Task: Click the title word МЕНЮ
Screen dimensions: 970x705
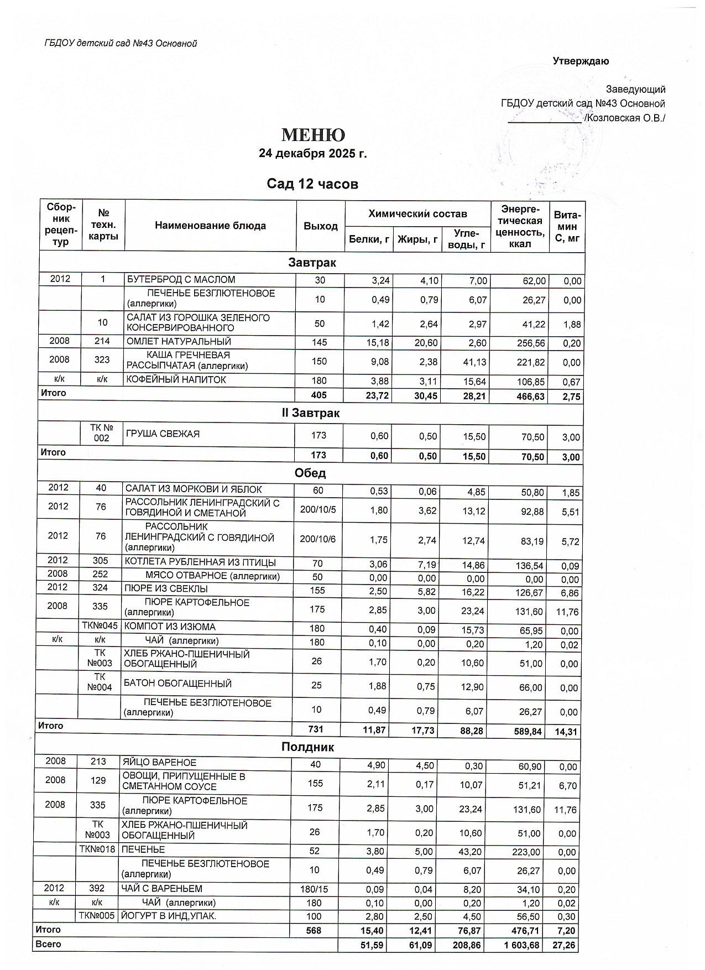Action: [x=313, y=135]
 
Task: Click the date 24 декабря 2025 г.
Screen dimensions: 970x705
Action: [x=313, y=154]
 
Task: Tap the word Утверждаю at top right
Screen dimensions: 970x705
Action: [x=581, y=61]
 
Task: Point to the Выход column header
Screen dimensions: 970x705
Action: [x=321, y=226]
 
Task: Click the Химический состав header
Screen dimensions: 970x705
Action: [x=417, y=213]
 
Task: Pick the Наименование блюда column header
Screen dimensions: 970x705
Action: [x=210, y=226]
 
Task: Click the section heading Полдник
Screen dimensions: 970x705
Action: [x=308, y=747]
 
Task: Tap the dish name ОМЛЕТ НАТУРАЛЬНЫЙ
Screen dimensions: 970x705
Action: [x=179, y=342]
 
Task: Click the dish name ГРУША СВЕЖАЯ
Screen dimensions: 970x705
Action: [x=163, y=434]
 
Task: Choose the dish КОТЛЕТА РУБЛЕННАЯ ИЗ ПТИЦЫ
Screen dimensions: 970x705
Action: [x=200, y=563]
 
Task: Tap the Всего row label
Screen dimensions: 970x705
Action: [x=48, y=944]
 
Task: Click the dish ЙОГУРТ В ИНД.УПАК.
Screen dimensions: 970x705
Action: [x=169, y=916]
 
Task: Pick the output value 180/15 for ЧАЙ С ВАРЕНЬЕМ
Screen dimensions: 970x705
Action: [x=314, y=889]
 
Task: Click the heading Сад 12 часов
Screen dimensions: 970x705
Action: [x=312, y=184]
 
